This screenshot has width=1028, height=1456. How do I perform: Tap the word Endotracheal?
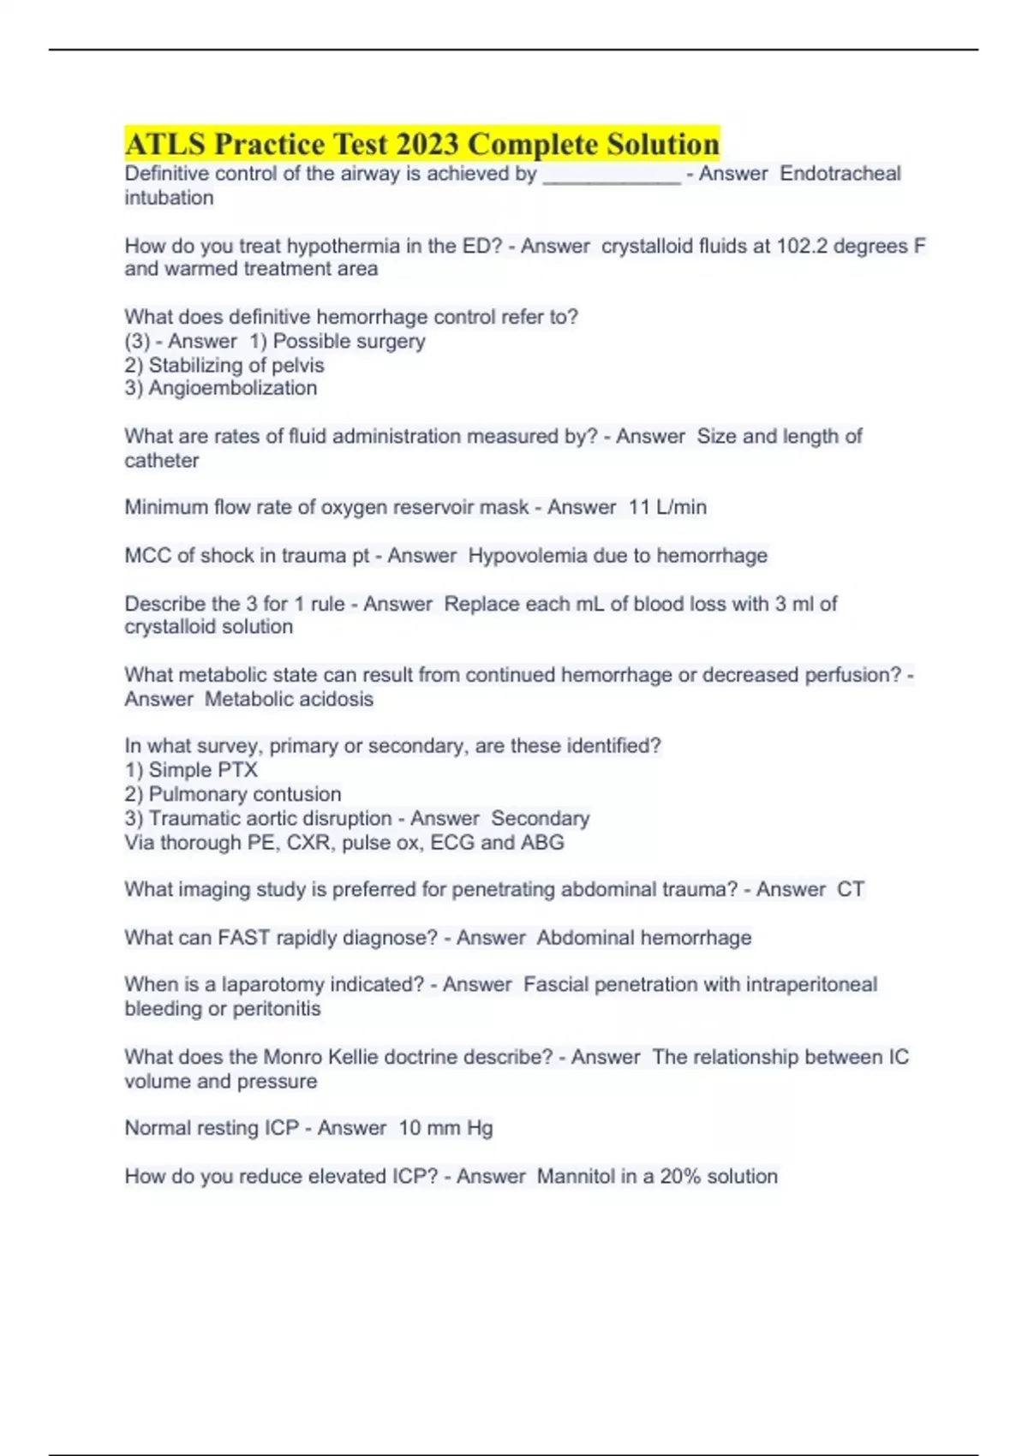[840, 174]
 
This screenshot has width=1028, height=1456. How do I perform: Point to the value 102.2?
[802, 247]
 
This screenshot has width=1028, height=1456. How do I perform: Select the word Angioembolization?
[232, 388]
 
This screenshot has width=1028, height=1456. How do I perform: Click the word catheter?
[161, 461]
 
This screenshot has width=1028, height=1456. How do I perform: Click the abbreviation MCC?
[147, 556]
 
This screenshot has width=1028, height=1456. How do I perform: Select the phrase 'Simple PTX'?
[203, 770]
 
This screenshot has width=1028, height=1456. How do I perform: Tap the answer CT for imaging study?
[850, 890]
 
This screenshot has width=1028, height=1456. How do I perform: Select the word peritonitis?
[277, 1009]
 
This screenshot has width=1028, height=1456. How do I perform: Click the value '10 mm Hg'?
[445, 1128]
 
